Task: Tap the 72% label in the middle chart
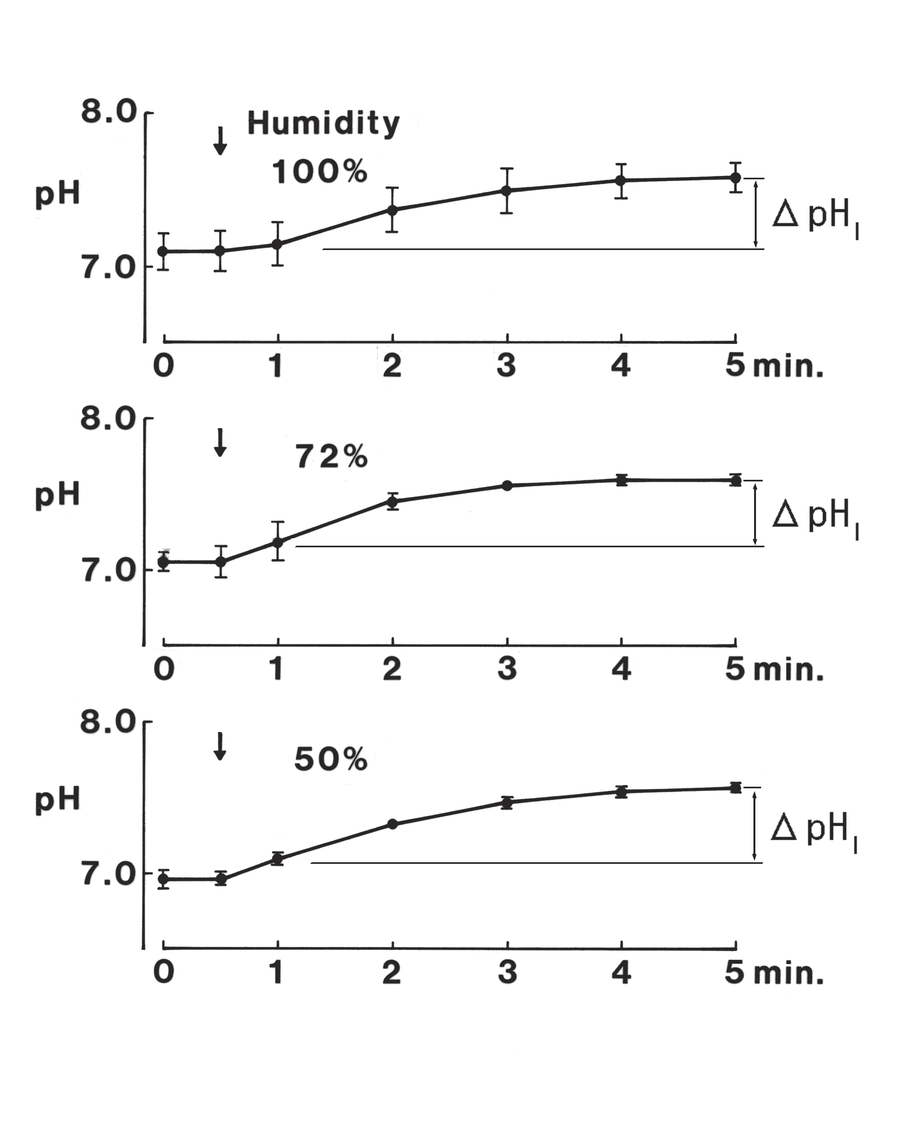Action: point(331,456)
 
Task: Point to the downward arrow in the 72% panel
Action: point(220,443)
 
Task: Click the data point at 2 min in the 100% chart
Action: point(392,210)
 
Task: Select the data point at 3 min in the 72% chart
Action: point(507,486)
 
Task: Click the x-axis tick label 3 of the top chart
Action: point(507,366)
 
